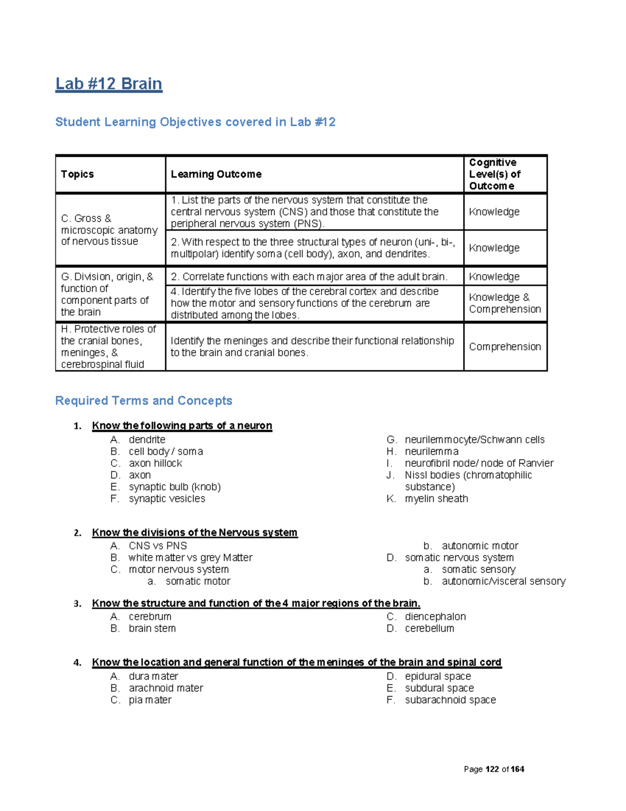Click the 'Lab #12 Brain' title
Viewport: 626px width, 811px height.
point(109,84)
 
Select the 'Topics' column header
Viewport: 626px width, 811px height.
point(77,174)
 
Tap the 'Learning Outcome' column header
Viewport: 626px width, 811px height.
point(216,174)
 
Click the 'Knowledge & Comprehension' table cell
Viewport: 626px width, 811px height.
point(504,303)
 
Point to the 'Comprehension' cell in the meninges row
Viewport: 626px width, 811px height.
point(504,347)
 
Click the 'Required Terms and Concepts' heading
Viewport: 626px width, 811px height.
point(143,401)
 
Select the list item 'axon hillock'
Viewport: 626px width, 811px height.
point(155,463)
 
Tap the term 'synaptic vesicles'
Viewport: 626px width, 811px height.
point(167,499)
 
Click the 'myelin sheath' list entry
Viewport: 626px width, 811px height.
point(436,499)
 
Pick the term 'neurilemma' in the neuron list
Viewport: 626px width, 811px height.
point(431,452)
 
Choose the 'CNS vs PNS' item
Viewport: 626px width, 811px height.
point(158,546)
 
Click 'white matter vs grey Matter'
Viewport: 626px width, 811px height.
point(190,558)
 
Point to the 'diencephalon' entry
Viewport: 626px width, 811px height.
point(435,617)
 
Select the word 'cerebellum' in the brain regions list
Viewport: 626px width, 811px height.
point(429,629)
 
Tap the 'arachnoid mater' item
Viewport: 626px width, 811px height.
point(166,688)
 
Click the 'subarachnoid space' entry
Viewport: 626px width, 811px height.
point(450,700)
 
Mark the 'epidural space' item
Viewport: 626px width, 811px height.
point(438,676)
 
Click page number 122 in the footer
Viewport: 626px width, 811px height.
point(492,769)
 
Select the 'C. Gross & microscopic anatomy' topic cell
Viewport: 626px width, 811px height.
point(109,230)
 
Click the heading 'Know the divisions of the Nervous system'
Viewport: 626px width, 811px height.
point(195,533)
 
